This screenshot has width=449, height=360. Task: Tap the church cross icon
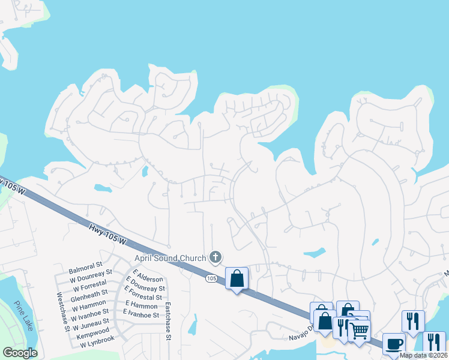215,258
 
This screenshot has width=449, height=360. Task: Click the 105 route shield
211,279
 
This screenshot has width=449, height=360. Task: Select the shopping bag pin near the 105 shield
237,278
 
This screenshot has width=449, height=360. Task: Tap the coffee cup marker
393,344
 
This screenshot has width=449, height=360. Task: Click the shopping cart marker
359,329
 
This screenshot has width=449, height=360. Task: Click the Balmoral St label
86,263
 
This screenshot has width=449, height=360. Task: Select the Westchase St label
61,311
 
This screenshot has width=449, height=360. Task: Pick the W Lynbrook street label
91,339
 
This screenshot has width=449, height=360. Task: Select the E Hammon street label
140,305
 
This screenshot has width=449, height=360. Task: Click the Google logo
20,352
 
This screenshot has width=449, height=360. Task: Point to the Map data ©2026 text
423,355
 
